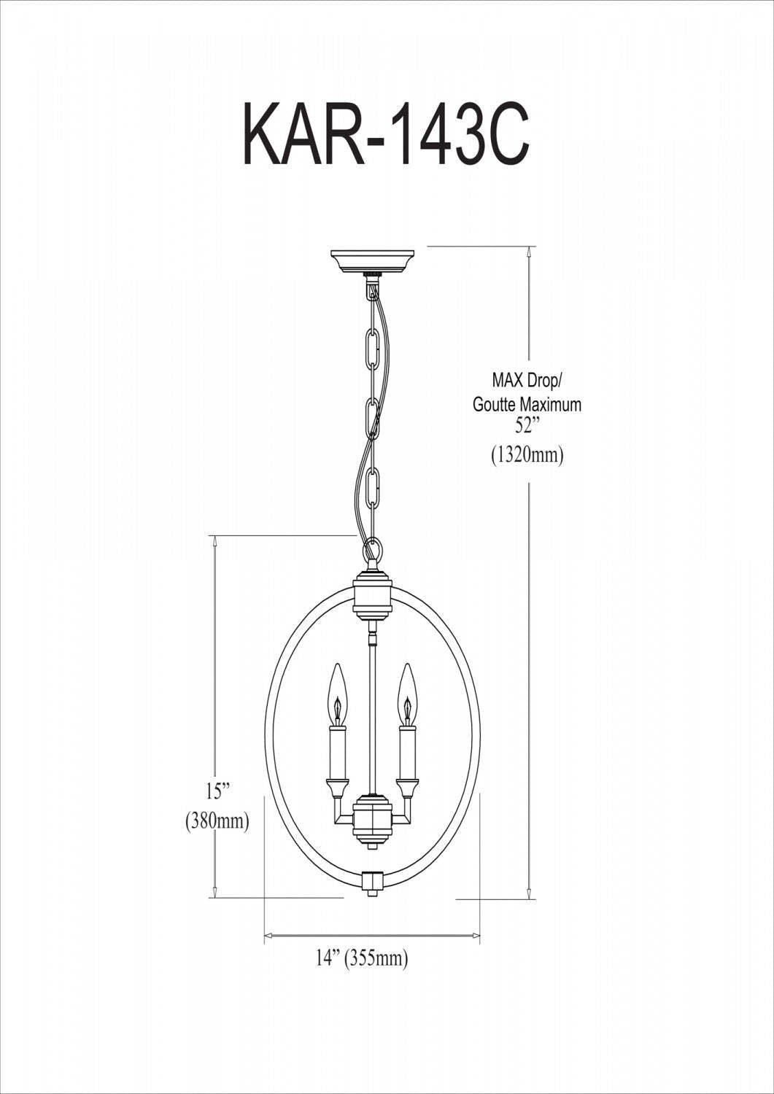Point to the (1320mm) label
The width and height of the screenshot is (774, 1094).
(527, 456)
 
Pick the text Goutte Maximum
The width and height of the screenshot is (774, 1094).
(527, 405)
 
